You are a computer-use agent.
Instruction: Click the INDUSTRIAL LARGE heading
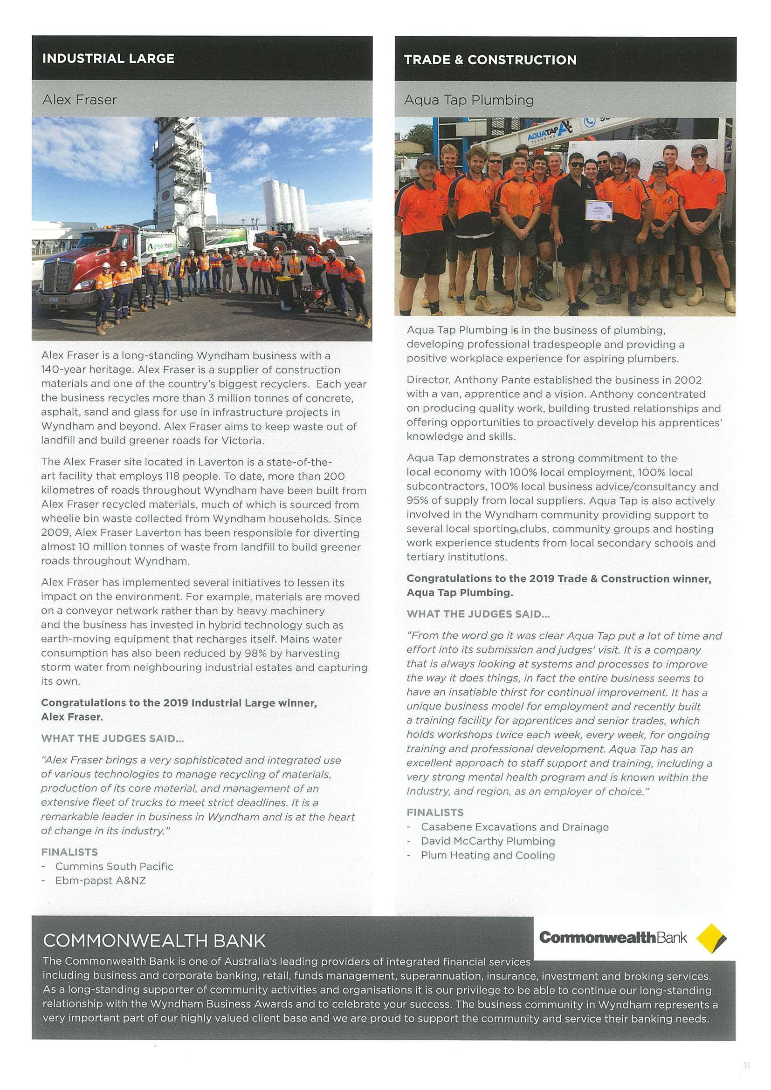click(108, 58)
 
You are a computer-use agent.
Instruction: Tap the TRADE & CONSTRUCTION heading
click(490, 60)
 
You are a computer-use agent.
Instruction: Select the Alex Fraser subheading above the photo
click(79, 100)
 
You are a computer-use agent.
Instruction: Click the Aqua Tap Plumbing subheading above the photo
click(468, 100)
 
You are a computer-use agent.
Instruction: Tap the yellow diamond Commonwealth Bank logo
click(711, 938)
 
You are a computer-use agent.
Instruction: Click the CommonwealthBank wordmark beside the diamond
click(613, 938)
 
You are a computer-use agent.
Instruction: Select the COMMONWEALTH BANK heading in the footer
click(154, 940)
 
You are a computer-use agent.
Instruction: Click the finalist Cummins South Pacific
click(114, 866)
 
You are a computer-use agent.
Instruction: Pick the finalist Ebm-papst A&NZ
click(100, 881)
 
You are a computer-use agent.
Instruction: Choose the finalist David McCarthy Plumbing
click(488, 841)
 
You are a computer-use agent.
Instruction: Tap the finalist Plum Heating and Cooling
click(488, 856)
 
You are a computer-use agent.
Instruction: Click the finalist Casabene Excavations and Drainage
click(514, 827)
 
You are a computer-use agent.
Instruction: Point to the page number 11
click(746, 1066)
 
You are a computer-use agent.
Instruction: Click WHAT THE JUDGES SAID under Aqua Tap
click(478, 614)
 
